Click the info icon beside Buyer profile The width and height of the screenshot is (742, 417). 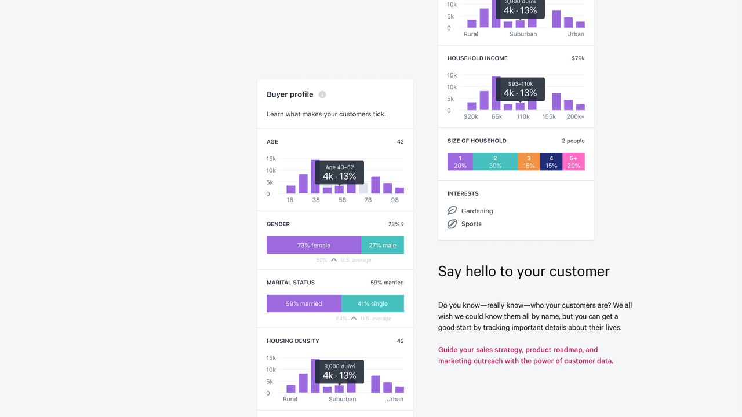tap(322, 94)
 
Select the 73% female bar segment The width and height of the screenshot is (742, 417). tap(314, 245)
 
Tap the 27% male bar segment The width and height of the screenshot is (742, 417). tap(383, 245)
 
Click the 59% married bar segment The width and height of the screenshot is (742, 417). tap(304, 303)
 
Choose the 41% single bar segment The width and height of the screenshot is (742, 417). tap(372, 303)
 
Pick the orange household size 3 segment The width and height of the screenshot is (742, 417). tap(529, 162)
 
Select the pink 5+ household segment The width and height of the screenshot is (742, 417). tap(573, 162)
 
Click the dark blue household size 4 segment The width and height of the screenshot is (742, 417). tap(551, 162)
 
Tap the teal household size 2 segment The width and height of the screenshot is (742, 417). tap(495, 162)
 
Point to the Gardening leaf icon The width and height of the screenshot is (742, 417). tap(452, 211)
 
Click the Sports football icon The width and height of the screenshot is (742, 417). tap(452, 224)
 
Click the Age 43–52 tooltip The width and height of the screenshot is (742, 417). tap(339, 173)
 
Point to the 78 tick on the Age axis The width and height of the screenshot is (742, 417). tap(368, 200)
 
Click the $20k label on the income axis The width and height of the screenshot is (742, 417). tap(471, 116)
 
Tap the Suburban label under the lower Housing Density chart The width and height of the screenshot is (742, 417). tap(342, 399)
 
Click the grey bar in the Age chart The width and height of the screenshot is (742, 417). tap(363, 188)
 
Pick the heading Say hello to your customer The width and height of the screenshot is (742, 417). tap(523, 272)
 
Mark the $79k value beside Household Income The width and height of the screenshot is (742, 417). tap(578, 58)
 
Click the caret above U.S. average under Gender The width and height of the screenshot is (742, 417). tap(334, 260)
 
